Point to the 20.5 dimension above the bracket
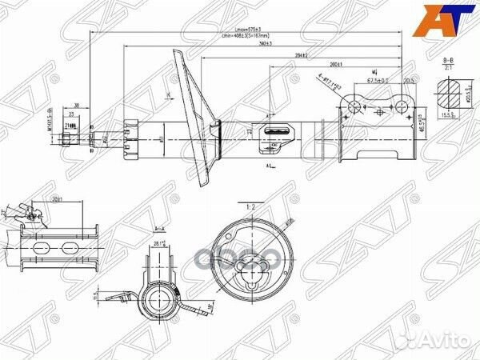tap(409, 80)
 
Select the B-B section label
tap(448, 62)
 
